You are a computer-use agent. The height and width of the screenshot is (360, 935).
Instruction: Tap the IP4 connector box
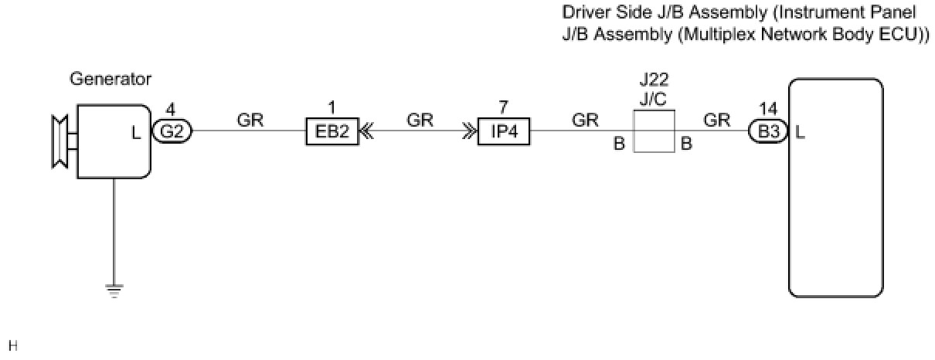[x=503, y=132]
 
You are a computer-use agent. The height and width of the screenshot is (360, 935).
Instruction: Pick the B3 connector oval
[x=768, y=132]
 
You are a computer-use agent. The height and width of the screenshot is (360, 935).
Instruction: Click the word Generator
[x=110, y=79]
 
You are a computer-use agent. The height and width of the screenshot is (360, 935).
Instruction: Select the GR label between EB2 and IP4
[x=420, y=120]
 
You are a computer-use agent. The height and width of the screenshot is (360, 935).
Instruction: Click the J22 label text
[x=654, y=80]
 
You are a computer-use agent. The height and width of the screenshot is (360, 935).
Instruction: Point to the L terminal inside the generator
[x=137, y=133]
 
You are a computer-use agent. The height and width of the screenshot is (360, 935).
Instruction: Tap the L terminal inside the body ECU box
[x=801, y=133]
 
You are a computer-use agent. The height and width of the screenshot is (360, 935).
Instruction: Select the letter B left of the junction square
[x=619, y=144]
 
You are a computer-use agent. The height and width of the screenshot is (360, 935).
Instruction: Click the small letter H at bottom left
[x=11, y=344]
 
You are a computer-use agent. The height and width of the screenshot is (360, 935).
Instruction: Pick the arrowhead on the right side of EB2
[x=366, y=132]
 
